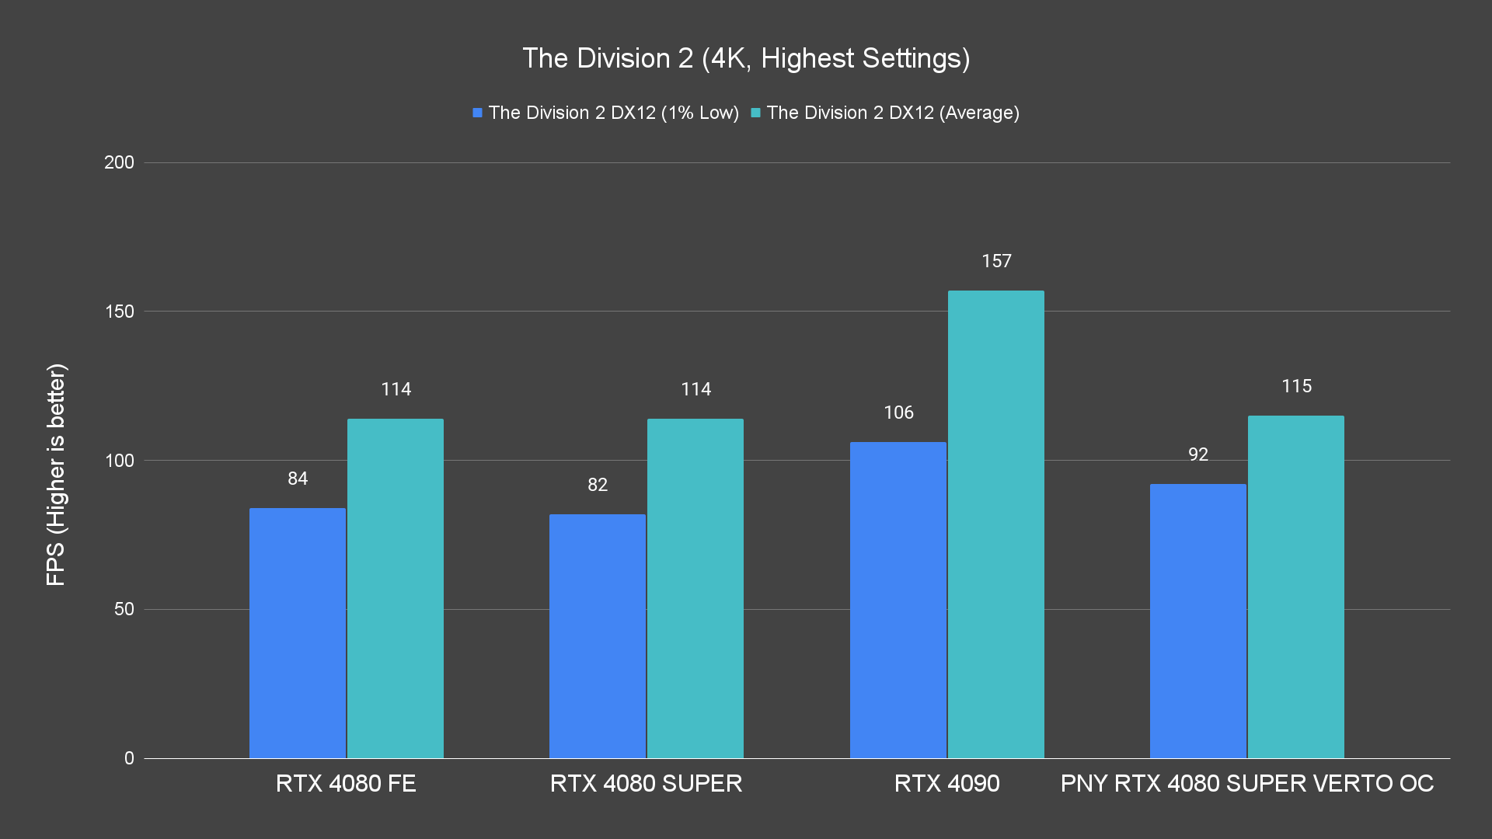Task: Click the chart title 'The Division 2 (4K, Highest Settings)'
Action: [746, 58]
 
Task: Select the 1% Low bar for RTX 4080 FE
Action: [298, 633]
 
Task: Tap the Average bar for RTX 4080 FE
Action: [396, 588]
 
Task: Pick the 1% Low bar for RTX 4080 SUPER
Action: [598, 636]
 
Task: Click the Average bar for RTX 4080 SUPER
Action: [695, 588]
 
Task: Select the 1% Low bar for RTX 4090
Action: [898, 600]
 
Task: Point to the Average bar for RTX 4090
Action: [996, 524]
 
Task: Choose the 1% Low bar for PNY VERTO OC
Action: [1198, 621]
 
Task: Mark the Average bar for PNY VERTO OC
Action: [1296, 587]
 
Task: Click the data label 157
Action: [996, 261]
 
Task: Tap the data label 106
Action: [898, 413]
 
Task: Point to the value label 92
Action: [1198, 454]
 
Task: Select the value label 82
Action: [598, 485]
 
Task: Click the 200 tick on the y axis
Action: [119, 162]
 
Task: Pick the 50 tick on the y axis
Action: [124, 609]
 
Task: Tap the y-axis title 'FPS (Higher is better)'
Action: [56, 474]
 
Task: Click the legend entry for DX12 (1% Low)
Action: [606, 113]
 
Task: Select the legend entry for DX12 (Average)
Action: [885, 113]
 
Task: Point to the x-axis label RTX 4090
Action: [946, 783]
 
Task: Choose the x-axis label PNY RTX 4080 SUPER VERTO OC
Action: [1246, 783]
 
